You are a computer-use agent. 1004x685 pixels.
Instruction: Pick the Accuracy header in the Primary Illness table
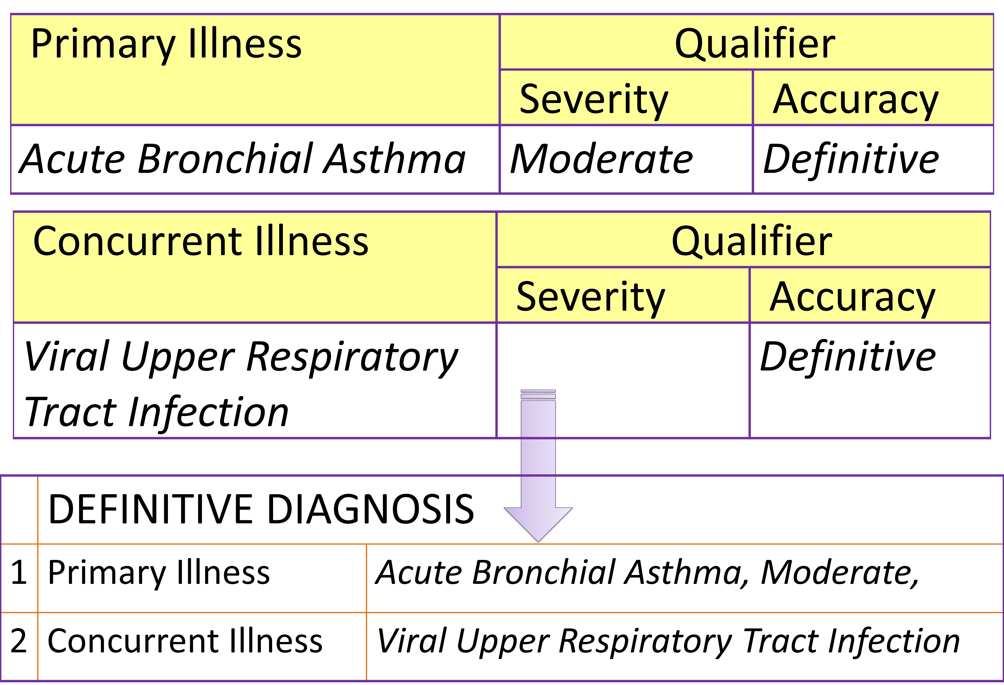pyautogui.click(x=855, y=100)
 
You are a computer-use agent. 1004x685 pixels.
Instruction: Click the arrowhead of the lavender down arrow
pyautogui.click(x=538, y=523)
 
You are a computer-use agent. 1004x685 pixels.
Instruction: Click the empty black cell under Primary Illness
pyautogui.click(x=255, y=159)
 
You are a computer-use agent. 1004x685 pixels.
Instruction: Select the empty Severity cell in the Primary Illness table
pyautogui.click(x=626, y=159)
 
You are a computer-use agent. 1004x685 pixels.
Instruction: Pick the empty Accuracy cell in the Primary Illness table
pyautogui.click(x=873, y=159)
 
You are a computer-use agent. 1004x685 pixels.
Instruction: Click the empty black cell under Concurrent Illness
pyautogui.click(x=255, y=380)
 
